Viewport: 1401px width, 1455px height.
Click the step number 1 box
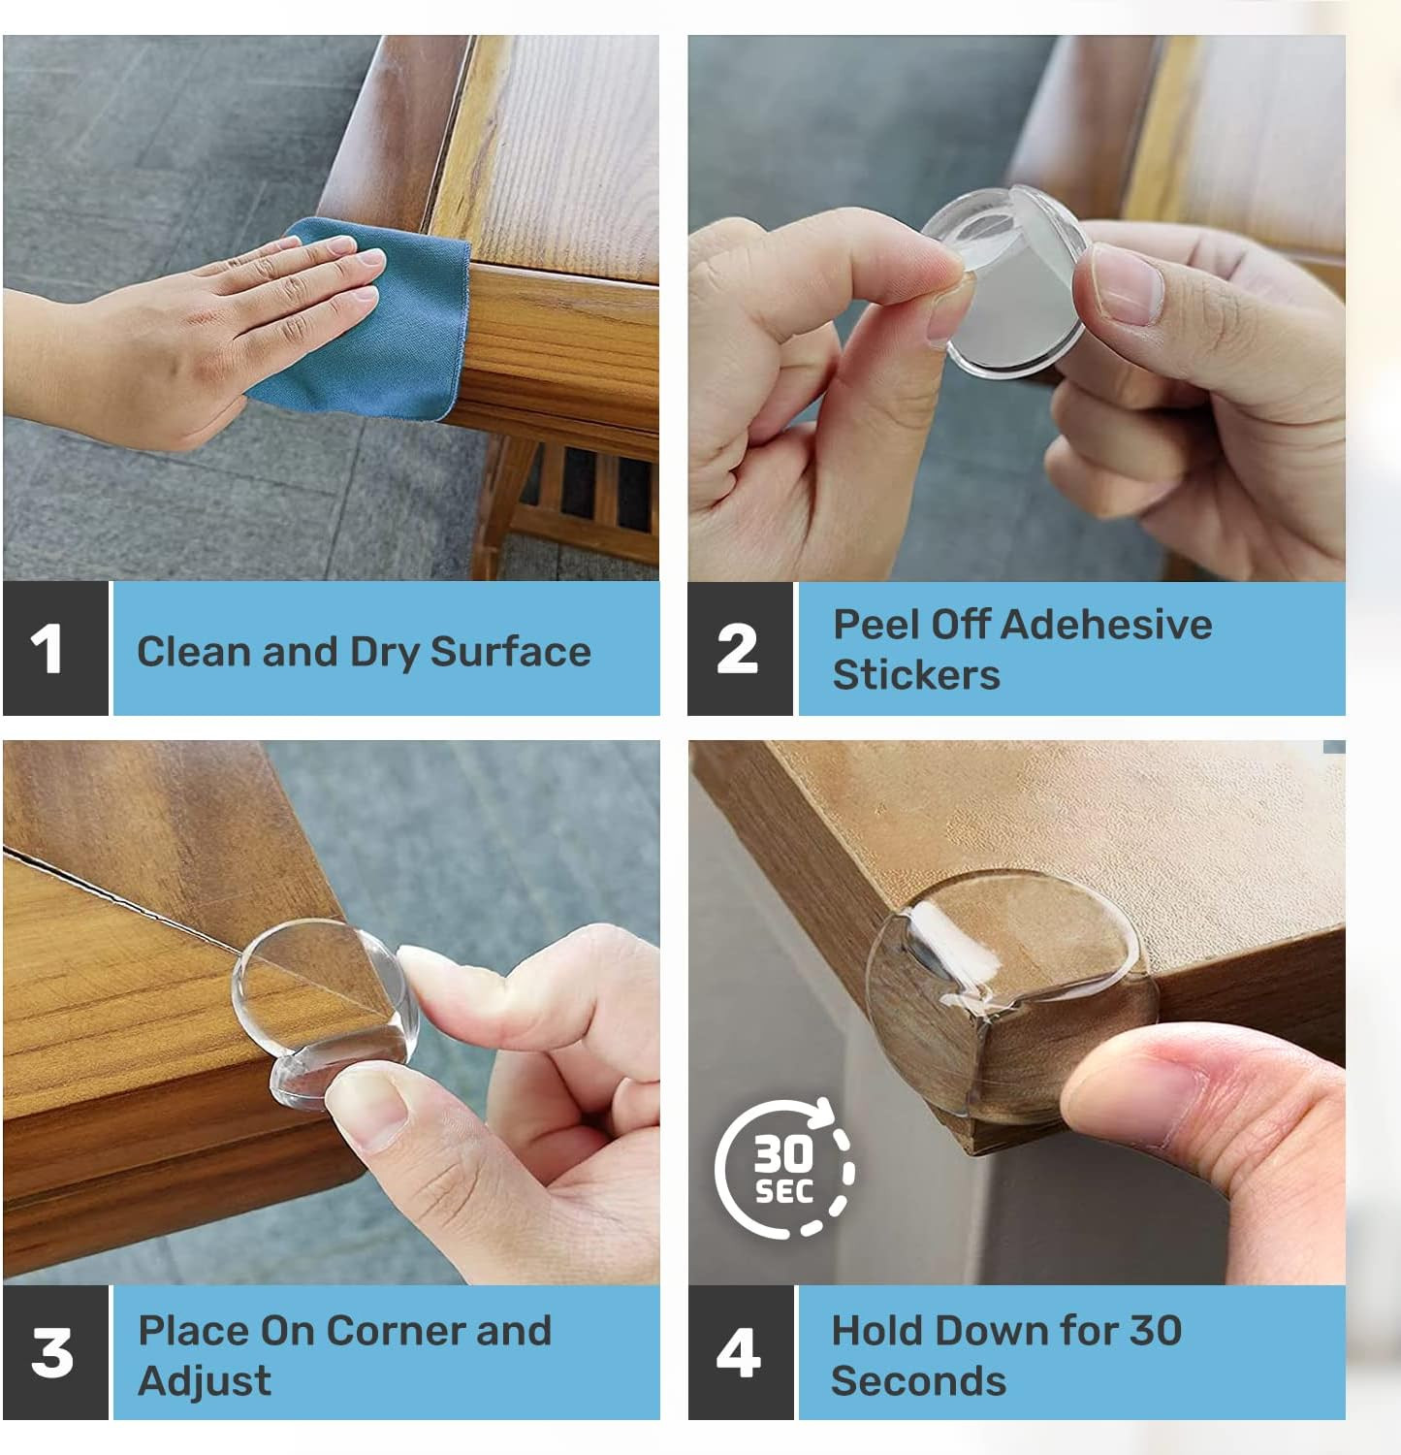(55, 649)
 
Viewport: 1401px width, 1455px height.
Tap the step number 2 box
(740, 649)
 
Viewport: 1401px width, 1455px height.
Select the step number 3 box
(55, 1352)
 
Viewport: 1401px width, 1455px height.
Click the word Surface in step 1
(510, 651)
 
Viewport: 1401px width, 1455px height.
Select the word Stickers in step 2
(916, 674)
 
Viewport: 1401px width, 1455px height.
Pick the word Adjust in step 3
(205, 1381)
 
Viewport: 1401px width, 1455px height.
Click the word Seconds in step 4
(919, 1380)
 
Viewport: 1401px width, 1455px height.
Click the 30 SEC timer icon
(785, 1168)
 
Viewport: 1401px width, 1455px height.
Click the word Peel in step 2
(876, 624)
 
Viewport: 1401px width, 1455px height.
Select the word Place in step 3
(192, 1330)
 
